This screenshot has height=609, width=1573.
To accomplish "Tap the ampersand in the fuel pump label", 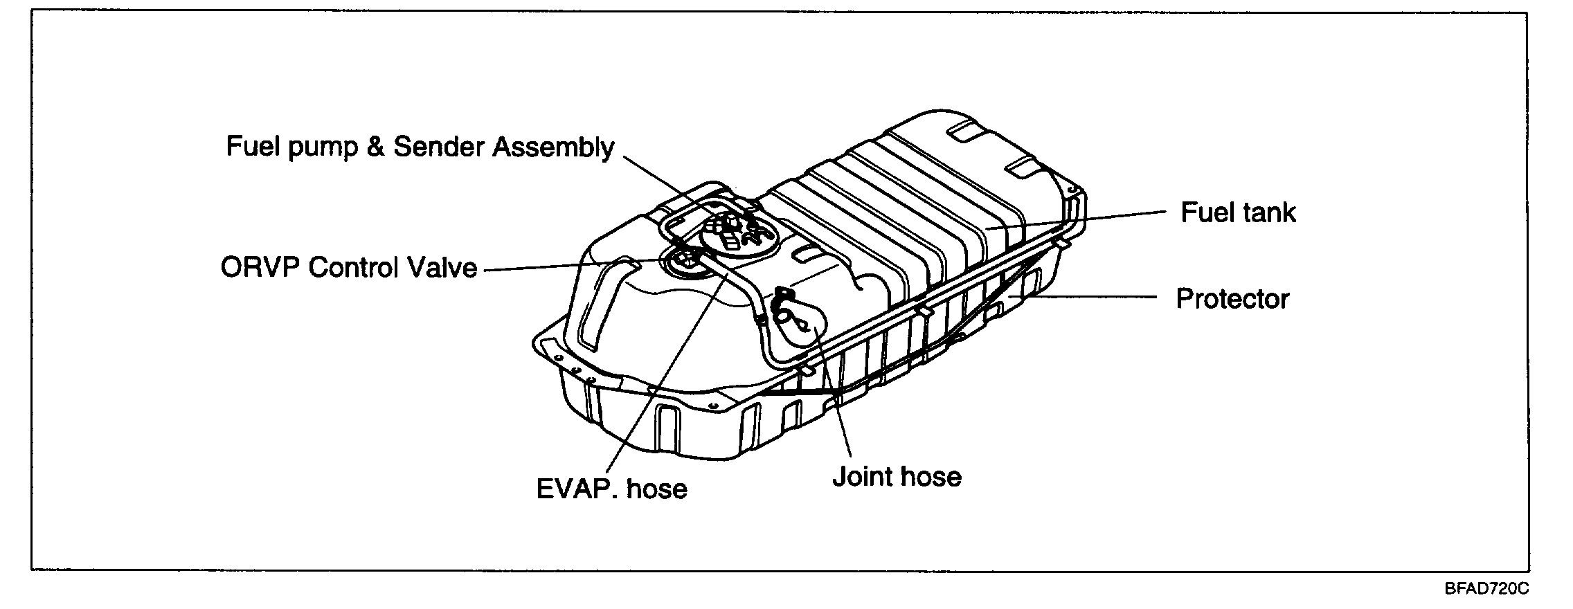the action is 375,147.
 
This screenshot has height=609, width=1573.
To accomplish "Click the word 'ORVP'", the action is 260,268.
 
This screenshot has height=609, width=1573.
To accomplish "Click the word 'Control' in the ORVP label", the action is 352,268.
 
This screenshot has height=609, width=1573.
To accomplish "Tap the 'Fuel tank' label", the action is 1238,212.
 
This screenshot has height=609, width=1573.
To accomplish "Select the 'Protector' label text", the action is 1232,299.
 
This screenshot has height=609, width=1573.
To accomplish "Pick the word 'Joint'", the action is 862,477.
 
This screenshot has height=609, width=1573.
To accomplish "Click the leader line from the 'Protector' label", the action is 1094,298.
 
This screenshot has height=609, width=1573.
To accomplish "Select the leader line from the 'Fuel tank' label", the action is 1080,220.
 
